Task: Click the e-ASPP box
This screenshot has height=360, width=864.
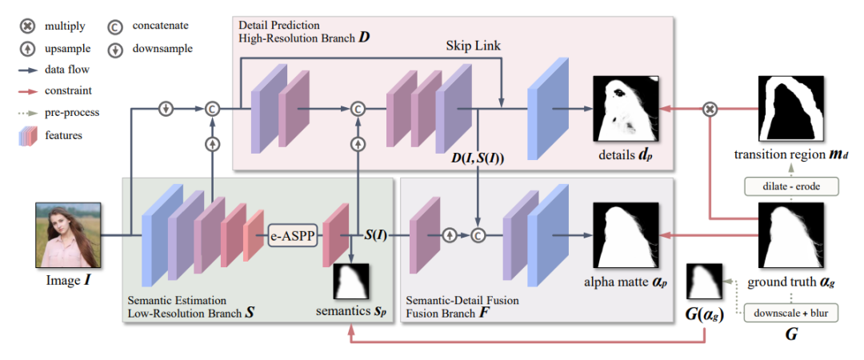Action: click(x=293, y=236)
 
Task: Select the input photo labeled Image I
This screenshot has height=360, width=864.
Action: click(x=68, y=235)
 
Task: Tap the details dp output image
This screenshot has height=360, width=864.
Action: click(x=626, y=109)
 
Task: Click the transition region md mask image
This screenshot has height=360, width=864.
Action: click(x=791, y=109)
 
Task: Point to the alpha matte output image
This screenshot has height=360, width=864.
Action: click(x=626, y=235)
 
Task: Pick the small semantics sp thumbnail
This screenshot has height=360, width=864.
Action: click(x=351, y=281)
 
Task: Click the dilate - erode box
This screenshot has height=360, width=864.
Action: click(x=792, y=186)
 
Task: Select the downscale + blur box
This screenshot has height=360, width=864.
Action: click(x=792, y=313)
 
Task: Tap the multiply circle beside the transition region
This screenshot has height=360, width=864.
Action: click(x=710, y=109)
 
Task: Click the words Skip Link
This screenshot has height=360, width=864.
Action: click(x=474, y=46)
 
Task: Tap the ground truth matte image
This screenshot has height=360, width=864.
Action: click(x=791, y=235)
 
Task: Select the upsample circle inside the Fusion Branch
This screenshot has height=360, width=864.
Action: click(x=450, y=235)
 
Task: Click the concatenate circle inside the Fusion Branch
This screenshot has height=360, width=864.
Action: click(x=479, y=235)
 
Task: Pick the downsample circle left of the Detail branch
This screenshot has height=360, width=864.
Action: click(x=165, y=109)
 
